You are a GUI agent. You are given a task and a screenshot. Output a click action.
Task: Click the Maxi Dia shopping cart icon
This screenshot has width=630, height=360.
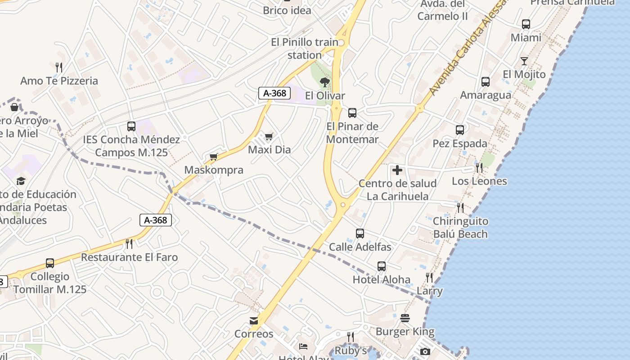click(269, 136)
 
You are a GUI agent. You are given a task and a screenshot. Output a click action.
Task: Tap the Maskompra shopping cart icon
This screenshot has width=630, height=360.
click(214, 157)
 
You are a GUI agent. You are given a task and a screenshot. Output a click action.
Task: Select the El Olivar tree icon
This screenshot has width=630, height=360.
click(324, 82)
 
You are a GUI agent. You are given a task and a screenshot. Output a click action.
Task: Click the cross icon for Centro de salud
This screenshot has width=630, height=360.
click(397, 170)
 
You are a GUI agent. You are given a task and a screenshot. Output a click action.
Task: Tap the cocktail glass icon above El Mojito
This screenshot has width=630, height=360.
click(524, 61)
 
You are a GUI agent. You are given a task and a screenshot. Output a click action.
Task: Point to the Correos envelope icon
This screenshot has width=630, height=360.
click(254, 321)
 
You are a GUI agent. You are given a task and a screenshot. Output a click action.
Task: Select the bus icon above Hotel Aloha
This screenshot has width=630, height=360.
click(382, 266)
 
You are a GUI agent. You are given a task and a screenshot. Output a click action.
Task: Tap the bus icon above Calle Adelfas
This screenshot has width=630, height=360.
click(360, 234)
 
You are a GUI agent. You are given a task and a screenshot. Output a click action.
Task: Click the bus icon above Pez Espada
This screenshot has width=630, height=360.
click(460, 130)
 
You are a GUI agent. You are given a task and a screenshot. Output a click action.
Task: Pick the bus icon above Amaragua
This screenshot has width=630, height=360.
click(486, 82)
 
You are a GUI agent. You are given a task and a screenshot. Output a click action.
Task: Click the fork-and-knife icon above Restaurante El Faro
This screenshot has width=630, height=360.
click(129, 244)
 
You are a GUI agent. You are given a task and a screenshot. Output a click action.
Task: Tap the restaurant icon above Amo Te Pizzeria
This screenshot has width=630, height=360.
click(59, 67)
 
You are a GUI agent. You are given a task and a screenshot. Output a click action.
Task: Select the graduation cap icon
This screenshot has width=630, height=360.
click(21, 181)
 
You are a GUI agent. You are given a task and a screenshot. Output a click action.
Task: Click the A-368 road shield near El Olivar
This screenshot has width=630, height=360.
click(274, 93)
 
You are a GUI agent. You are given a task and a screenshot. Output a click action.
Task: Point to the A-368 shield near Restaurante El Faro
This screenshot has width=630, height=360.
click(156, 220)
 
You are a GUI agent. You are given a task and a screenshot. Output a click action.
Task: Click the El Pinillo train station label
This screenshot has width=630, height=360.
click(305, 49)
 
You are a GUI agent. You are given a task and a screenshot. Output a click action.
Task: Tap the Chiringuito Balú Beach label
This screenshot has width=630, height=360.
click(460, 228)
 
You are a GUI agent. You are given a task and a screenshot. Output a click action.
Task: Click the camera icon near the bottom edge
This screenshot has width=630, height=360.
click(425, 351)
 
